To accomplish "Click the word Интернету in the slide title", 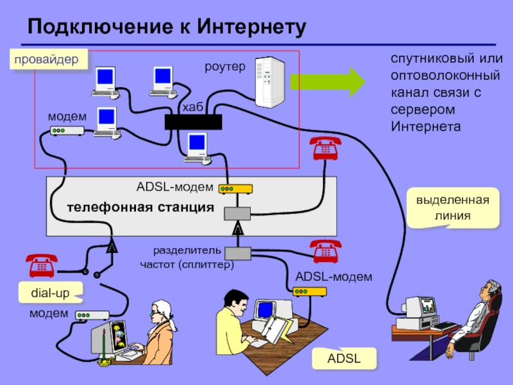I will point(250,27).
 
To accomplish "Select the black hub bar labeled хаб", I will point(193,122).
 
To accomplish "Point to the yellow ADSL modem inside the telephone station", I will point(235,189).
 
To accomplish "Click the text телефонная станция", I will point(140,207).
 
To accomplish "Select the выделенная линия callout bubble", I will point(453,208).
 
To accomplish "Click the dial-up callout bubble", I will point(50,292).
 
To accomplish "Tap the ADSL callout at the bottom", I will point(344,359).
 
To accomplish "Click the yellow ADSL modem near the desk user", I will point(310,291).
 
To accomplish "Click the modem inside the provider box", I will point(67,131).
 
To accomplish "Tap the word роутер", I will point(225,65).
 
